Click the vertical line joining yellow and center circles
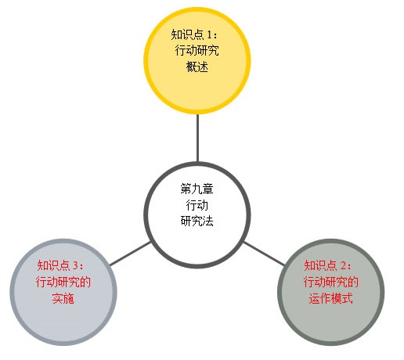197,138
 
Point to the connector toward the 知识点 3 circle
130,254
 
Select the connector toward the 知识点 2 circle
264,254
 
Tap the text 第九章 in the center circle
197,189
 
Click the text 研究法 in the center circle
197,221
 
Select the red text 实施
63,298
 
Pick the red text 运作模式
330,298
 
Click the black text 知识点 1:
194,34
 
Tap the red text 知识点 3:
60,265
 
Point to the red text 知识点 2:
328,265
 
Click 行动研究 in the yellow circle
197,50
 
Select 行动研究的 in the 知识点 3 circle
63,282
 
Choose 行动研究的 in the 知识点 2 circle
331,282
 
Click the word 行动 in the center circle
197,205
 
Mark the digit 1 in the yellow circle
209,34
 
